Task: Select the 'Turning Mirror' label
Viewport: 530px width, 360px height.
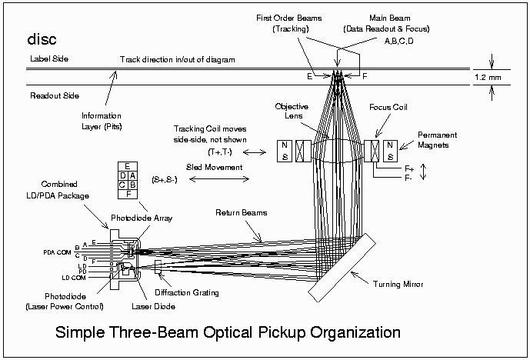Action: (398, 285)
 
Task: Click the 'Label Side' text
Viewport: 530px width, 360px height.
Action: (50, 59)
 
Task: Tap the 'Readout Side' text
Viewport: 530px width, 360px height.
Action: (55, 96)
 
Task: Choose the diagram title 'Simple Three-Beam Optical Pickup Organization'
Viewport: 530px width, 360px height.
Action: (228, 333)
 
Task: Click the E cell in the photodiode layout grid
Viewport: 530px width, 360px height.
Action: (127, 165)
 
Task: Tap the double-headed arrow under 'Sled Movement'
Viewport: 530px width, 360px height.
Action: (218, 180)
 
